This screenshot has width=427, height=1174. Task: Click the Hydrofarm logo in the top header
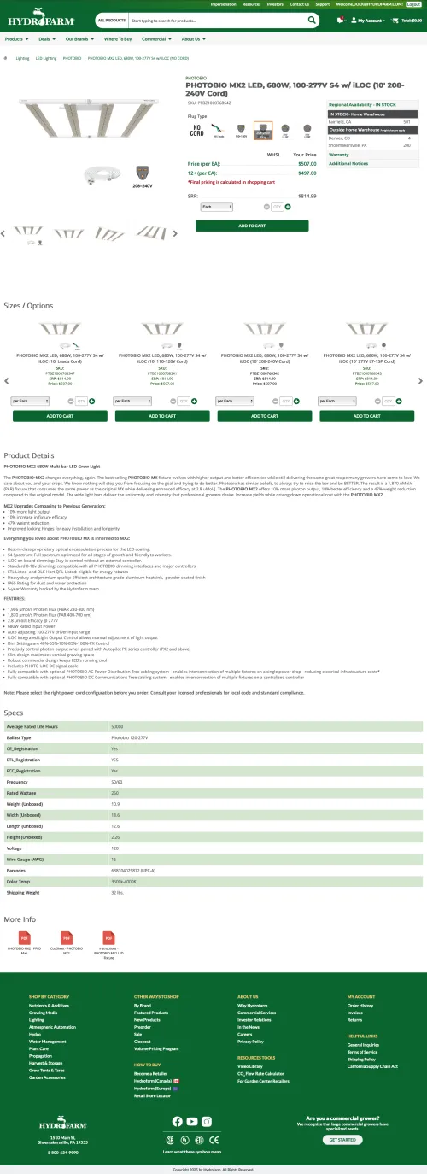pyautogui.click(x=38, y=19)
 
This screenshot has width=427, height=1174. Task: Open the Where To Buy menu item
pyautogui.click(x=118, y=39)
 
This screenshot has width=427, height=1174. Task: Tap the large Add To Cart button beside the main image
pyautogui.click(x=252, y=226)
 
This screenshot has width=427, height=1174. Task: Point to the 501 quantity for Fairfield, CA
pyautogui.click(x=407, y=122)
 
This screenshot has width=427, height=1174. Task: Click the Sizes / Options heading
pyautogui.click(x=28, y=306)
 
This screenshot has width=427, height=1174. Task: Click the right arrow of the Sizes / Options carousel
pyautogui.click(x=421, y=381)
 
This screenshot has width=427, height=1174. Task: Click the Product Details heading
pyautogui.click(x=29, y=455)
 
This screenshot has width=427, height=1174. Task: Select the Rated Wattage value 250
pyautogui.click(x=115, y=793)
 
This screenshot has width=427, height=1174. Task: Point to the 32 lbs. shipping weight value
pyautogui.click(x=118, y=892)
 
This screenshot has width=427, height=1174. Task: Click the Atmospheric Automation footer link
pyautogui.click(x=52, y=1026)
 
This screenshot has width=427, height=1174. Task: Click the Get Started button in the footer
pyautogui.click(x=342, y=1139)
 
